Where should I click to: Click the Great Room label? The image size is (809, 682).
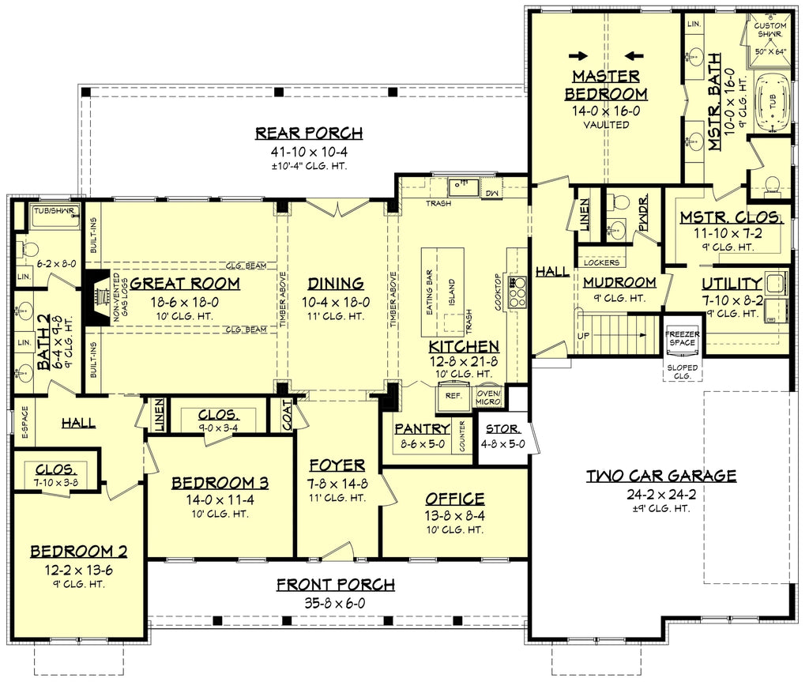point(185,284)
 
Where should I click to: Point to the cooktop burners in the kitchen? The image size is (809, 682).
point(517,292)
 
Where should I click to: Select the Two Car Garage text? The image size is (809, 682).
point(661,476)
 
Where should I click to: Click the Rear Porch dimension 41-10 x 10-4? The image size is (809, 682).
point(309,151)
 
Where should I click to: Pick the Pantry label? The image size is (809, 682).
point(422,429)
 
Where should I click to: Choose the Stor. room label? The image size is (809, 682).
point(503,429)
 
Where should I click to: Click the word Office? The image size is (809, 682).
point(454,499)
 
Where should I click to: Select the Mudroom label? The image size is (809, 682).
point(619,282)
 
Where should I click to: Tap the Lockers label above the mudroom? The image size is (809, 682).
point(601,262)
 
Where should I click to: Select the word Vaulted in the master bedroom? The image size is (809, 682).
point(606,125)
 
